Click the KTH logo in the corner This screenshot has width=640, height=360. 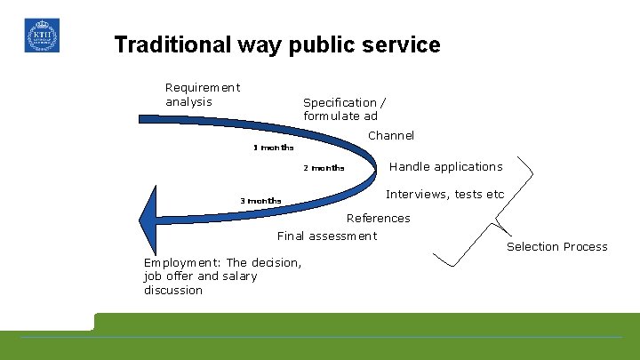42,36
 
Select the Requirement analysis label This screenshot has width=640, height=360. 203,94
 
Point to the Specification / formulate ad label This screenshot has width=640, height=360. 344,109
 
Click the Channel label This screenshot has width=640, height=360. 391,136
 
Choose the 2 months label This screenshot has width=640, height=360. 324,168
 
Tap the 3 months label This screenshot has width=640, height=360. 260,201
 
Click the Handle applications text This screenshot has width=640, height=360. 446,166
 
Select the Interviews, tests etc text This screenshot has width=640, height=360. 444,195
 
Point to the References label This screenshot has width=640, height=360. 379,218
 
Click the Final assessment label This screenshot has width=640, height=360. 327,236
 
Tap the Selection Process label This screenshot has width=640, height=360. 557,247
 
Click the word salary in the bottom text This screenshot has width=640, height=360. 239,276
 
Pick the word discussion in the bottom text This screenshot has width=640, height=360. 173,291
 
